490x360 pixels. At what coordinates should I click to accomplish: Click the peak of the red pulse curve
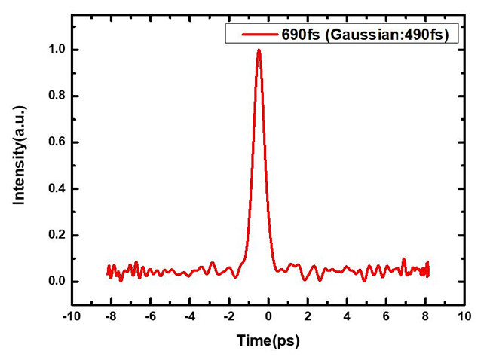[x=259, y=50]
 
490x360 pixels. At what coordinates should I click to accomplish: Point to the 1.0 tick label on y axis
[x=55, y=50]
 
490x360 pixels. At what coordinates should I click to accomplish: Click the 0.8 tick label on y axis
[x=55, y=96]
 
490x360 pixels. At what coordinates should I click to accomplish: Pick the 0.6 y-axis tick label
[x=55, y=142]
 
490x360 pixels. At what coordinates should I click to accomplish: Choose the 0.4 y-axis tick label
[x=55, y=189]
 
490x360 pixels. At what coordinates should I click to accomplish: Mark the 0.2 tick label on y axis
[x=55, y=236]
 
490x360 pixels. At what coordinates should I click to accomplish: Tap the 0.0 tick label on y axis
[x=55, y=282]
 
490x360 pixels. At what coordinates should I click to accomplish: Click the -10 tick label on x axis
[x=71, y=317]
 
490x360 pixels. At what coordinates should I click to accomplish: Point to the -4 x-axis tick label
[x=189, y=317]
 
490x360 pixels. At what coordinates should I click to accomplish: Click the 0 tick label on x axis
[x=269, y=317]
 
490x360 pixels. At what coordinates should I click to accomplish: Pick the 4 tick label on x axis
[x=348, y=317]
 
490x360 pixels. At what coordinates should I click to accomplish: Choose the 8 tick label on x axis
[x=426, y=317]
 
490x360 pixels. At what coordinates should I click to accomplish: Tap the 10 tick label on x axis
[x=465, y=317]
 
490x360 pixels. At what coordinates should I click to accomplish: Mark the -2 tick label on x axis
[x=228, y=317]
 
